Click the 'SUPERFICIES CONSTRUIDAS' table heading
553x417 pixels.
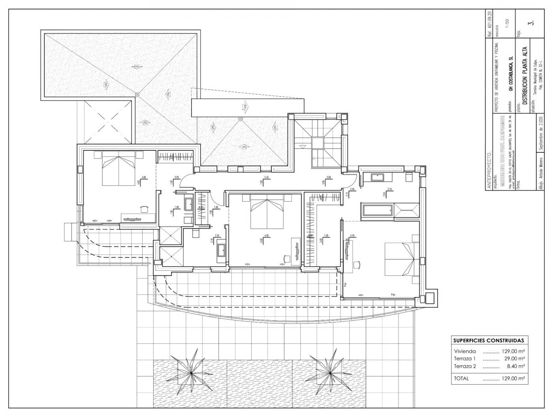tap(488, 340)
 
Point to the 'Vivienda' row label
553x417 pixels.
tap(465, 351)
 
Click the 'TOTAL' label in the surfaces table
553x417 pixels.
tap(462, 378)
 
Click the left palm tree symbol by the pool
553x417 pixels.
tap(191, 371)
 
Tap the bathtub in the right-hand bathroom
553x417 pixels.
tap(377, 210)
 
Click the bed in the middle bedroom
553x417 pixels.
tap(267, 213)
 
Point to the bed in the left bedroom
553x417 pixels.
tap(119, 170)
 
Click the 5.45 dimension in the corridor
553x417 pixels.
tap(267, 178)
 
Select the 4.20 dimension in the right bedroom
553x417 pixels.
tap(352, 236)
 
